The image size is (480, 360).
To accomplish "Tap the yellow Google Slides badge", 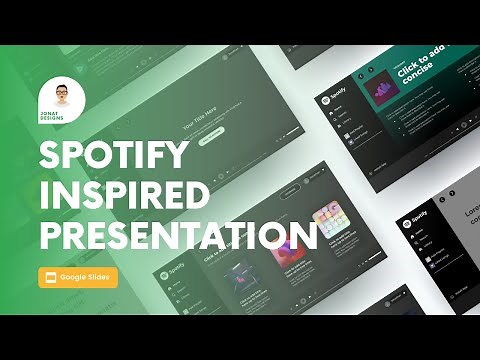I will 78,277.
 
